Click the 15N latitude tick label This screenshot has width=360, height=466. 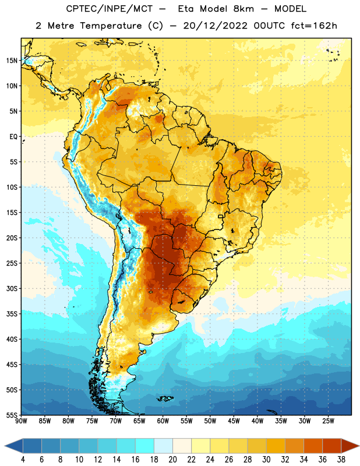coord(12,61)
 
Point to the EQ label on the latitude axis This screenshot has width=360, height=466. coord(13,137)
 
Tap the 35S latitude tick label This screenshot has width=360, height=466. coord(12,314)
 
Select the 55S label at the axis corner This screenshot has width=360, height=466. coord(12,415)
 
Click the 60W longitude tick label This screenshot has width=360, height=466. coord(163,421)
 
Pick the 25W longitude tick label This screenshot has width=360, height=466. coord(328,421)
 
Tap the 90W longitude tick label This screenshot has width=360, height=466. coord(21,421)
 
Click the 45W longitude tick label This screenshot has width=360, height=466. coord(234,421)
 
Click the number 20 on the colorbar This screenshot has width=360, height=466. coord(172,460)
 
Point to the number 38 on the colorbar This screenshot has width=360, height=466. coord(341,460)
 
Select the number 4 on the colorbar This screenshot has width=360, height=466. coord(23,460)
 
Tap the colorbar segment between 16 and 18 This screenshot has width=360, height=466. coord(145,446)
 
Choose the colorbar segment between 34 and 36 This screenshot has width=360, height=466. coord(313,446)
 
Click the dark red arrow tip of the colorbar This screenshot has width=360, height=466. coord(359,446)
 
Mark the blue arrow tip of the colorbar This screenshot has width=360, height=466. coord(5,446)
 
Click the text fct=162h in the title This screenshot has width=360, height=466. coord(314,26)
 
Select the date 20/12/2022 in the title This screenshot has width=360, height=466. coord(215,26)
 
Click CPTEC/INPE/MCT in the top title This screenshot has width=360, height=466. coord(109,9)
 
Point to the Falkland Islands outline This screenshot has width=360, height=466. coord(165,398)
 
